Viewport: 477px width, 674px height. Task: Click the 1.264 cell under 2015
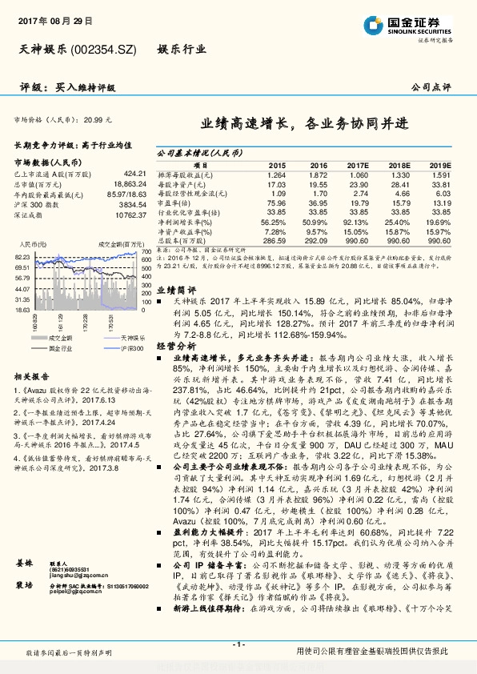click(x=276, y=175)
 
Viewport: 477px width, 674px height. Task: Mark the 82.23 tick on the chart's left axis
click(x=22, y=256)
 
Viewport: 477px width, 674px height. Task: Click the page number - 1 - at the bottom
click(x=238, y=644)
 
